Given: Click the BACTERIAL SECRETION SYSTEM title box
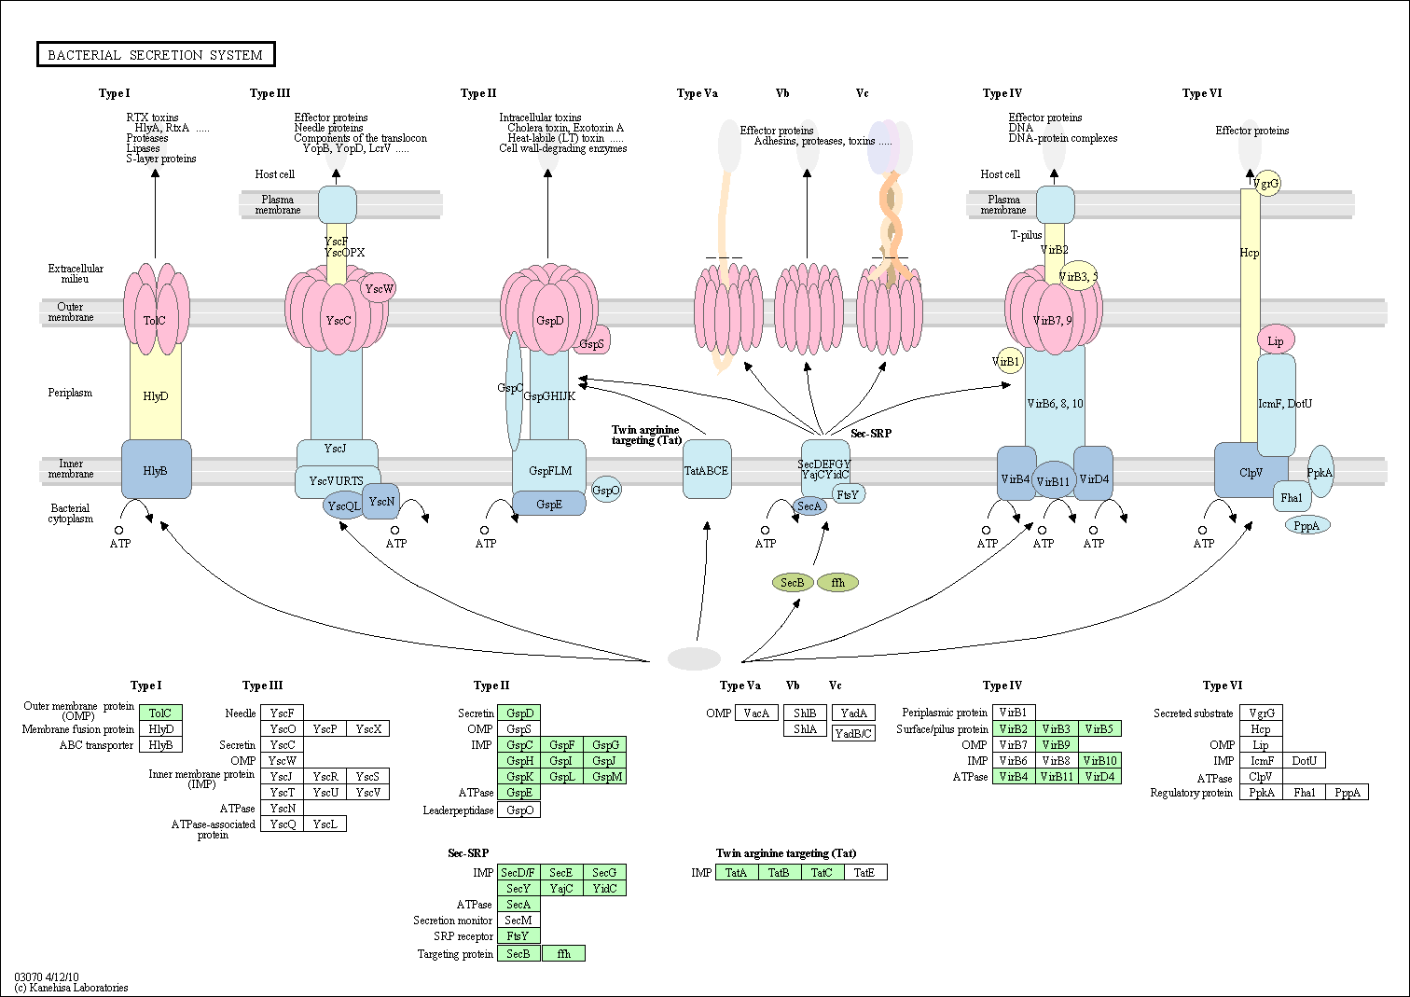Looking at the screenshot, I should [x=156, y=55].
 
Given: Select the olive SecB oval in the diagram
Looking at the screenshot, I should [x=792, y=583].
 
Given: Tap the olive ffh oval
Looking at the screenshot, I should [x=837, y=583].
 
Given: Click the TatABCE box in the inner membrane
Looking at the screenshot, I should [x=707, y=470].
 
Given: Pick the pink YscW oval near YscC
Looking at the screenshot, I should [x=379, y=288].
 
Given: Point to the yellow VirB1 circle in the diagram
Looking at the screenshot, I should [x=1007, y=361].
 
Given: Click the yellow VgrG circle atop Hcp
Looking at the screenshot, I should [x=1266, y=184].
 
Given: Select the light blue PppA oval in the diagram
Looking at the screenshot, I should [x=1306, y=526].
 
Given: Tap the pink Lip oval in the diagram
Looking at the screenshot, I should [x=1275, y=340].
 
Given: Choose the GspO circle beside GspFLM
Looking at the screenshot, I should [x=606, y=490].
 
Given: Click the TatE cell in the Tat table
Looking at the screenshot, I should [x=864, y=872].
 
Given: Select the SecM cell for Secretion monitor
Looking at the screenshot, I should [x=518, y=921].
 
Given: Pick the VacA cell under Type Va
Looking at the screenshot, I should [x=756, y=713].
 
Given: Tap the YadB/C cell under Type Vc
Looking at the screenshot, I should [x=853, y=733].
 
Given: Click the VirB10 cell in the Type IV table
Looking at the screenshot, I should [x=1100, y=761].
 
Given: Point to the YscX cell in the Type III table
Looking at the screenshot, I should [x=368, y=729].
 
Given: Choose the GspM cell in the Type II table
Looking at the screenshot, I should [x=607, y=777].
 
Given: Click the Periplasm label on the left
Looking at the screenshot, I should [x=70, y=393].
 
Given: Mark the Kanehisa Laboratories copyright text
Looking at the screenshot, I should [x=72, y=987].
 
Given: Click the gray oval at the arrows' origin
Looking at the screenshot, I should [x=694, y=658].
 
